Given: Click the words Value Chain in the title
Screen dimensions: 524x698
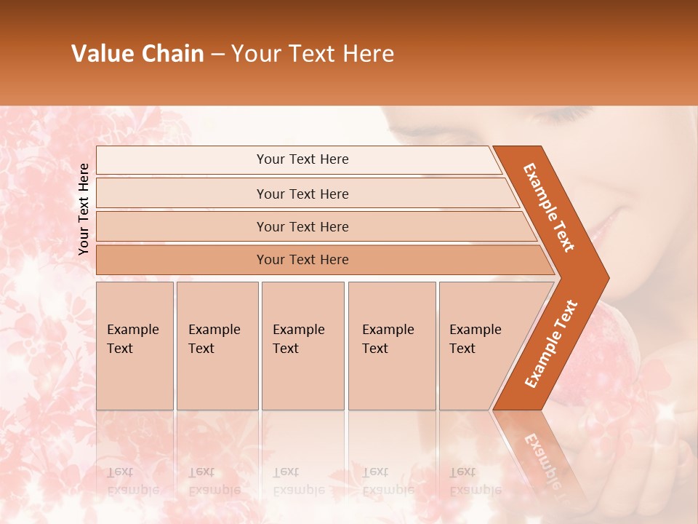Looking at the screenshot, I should coord(137,54).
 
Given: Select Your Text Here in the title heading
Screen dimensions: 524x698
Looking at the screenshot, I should coord(313,54).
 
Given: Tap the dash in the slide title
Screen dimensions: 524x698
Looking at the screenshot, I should coord(217,55).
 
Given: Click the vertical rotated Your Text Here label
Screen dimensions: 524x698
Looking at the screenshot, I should coord(84,209).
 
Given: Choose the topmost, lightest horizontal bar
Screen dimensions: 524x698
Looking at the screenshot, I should coord(302,159).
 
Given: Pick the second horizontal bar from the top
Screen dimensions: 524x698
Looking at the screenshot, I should coord(302,194).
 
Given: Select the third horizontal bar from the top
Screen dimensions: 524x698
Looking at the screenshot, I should coord(302,226).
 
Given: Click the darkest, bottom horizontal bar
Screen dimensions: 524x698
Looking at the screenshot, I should coord(302,260).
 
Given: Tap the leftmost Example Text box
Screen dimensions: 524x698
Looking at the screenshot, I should coord(135,345).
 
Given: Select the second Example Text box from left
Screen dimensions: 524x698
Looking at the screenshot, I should coord(217,345).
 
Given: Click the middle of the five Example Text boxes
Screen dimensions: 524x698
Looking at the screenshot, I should coord(302,345).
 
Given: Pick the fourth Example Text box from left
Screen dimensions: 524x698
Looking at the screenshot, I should coord(392,345).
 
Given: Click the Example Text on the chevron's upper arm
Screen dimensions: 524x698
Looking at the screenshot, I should coord(549,207).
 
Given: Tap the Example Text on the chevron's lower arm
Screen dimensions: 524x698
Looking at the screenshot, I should coord(551,344).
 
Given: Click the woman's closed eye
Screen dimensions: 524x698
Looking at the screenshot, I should coord(563,116).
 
